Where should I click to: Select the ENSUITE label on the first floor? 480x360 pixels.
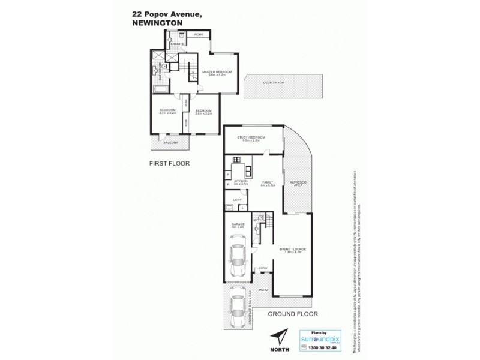click(x=176, y=44)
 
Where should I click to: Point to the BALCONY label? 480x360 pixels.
click(x=170, y=143)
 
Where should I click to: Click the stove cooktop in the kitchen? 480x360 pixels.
click(x=236, y=160)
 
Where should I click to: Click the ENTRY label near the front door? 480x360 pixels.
click(x=262, y=269)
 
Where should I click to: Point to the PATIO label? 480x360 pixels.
click(x=263, y=290)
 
